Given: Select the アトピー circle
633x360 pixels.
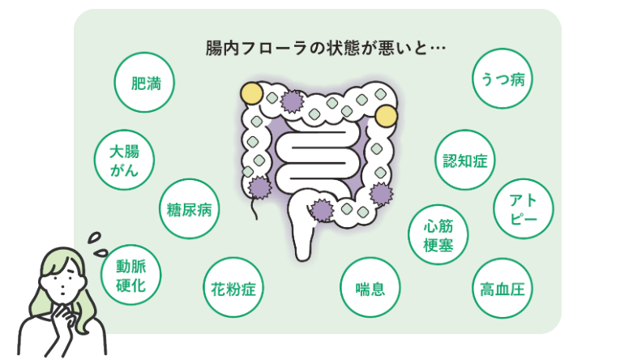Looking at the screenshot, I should pos(523,209).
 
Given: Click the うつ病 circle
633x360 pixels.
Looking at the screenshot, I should pos(502,79).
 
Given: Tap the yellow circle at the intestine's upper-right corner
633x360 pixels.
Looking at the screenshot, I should pos(387,116).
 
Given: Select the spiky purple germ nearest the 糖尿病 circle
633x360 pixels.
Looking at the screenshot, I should pos(260,187).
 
